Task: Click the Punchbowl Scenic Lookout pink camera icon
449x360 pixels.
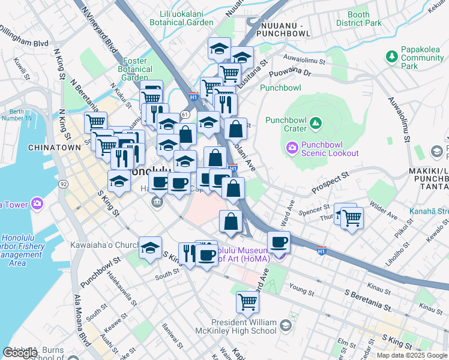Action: [x=292, y=147]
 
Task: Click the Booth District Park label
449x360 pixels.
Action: [x=358, y=19]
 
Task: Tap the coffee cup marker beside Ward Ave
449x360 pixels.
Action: [x=279, y=242]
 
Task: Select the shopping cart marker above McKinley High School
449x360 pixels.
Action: [x=247, y=301]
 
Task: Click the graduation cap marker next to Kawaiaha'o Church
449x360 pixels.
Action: [x=150, y=247]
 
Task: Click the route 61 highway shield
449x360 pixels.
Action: [x=186, y=114]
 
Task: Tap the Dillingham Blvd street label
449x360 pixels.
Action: [x=24, y=35]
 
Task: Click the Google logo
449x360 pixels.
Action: [x=20, y=352]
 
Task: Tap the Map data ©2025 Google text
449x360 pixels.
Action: [x=412, y=355]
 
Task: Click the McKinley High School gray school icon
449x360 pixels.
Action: [x=286, y=325]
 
